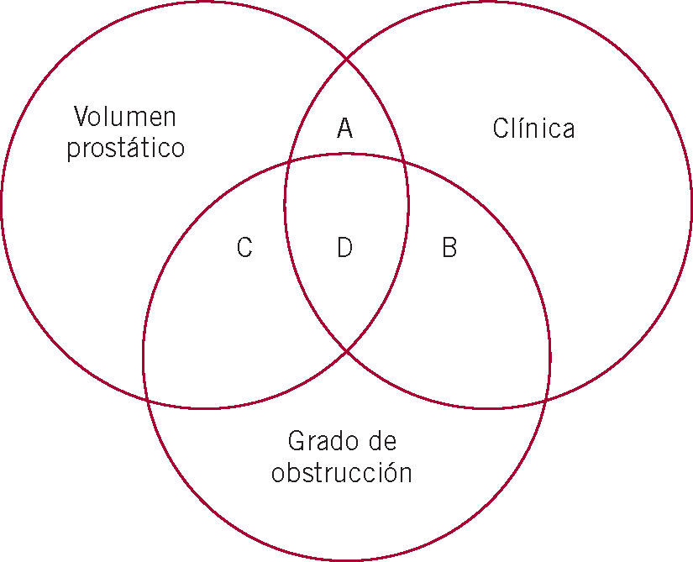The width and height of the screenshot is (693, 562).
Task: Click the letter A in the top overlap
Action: coord(344,129)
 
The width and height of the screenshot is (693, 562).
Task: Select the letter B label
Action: coord(449,248)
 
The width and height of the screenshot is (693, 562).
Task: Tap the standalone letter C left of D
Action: coord(244,248)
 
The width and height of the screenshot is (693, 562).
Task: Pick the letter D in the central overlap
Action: coord(344,248)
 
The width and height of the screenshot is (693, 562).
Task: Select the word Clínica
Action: coord(533,129)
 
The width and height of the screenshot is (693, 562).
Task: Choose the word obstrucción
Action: coord(341,473)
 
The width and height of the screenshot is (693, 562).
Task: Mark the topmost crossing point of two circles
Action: coord(347,59)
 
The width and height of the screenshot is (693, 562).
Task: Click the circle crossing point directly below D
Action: coord(348,351)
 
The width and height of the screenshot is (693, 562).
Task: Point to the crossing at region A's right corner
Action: coord(403,162)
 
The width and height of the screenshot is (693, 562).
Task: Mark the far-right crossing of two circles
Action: coord(547,401)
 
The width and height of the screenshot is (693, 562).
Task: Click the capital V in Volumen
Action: coord(81,116)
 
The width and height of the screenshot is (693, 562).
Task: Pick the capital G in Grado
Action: coord(295,440)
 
